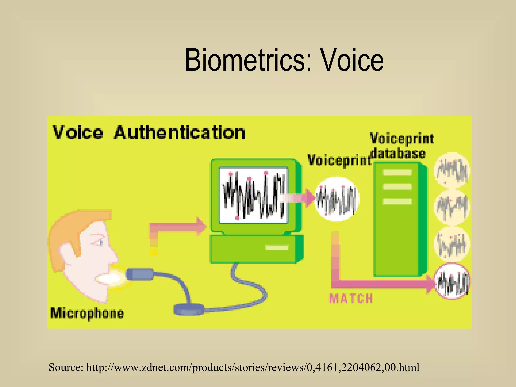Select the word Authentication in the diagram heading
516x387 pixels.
(179, 133)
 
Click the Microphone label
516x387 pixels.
(87, 313)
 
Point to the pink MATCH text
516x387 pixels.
(351, 298)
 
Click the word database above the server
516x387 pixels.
(398, 153)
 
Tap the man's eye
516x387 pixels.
(101, 242)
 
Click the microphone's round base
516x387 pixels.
(189, 310)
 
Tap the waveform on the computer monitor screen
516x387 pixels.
(253, 196)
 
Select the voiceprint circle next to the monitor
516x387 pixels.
(337, 199)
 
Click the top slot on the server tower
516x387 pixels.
(397, 173)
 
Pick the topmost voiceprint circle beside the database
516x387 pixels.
(452, 170)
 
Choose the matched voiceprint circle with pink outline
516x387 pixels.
(453, 281)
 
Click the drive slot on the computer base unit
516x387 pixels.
(277, 248)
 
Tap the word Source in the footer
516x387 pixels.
(66, 367)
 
